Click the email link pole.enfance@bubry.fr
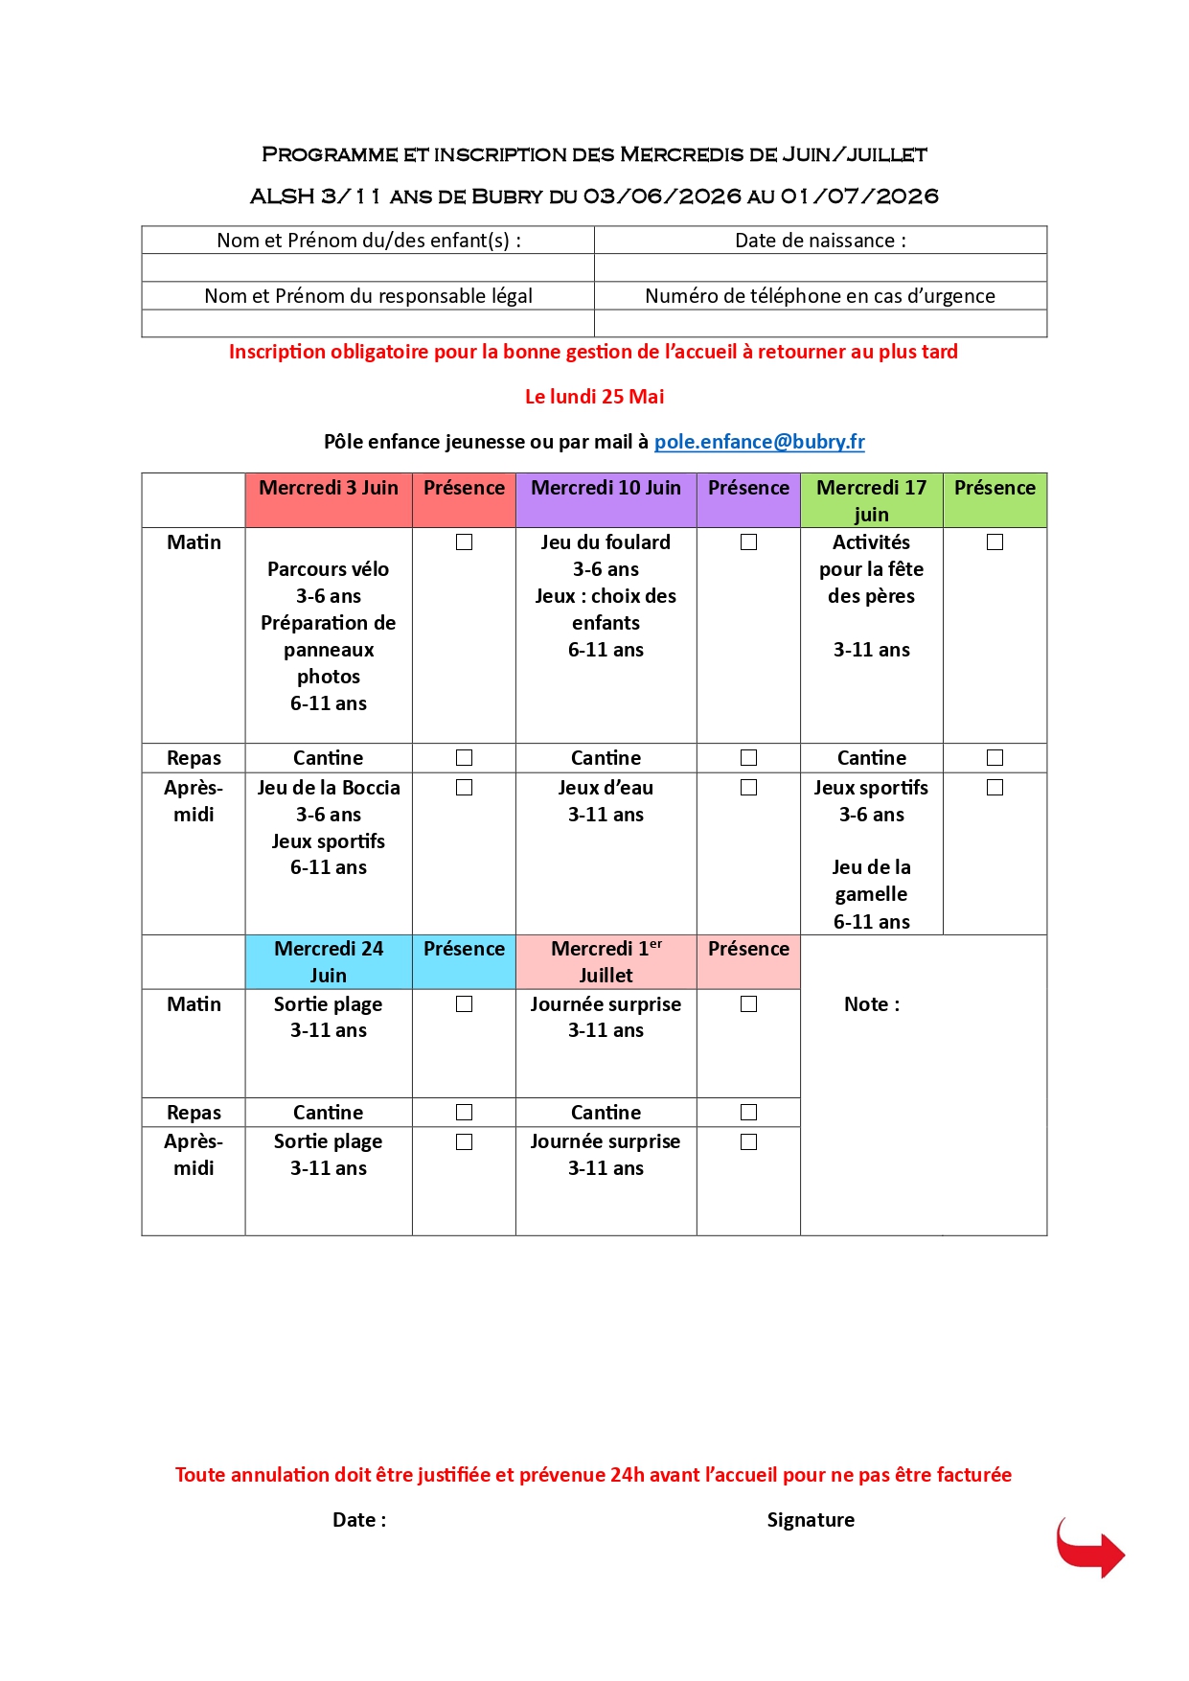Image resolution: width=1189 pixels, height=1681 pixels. (x=759, y=442)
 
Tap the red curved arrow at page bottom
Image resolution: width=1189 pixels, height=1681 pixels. (x=1090, y=1547)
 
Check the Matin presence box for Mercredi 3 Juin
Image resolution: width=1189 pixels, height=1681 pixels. (x=465, y=542)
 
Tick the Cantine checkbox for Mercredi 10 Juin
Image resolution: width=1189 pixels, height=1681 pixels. (x=749, y=758)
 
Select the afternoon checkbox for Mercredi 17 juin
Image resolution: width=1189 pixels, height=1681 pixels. (x=995, y=788)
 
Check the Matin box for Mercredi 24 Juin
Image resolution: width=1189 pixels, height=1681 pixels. (x=465, y=1004)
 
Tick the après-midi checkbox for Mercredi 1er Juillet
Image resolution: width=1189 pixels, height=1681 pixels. (x=749, y=1142)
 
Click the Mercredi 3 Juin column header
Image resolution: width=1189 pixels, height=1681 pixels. (x=329, y=488)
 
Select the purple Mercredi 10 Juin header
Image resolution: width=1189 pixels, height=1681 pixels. (x=606, y=488)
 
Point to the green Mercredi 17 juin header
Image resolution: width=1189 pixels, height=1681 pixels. (x=871, y=500)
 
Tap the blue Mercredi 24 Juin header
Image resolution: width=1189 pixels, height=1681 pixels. (x=329, y=961)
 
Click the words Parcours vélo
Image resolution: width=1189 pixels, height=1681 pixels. (x=329, y=569)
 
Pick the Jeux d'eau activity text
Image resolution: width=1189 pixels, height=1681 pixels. (x=606, y=788)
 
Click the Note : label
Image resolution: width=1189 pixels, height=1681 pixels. (x=872, y=1004)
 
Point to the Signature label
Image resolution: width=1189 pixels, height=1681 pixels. (x=811, y=1520)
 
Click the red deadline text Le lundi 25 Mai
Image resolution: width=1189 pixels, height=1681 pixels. (x=594, y=397)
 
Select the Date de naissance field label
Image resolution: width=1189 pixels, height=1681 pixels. (x=820, y=241)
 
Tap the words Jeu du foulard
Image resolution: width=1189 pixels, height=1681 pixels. (x=606, y=542)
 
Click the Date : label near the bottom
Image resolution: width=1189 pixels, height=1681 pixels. (x=359, y=1520)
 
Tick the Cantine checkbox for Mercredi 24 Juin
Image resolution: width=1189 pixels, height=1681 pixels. (x=465, y=1113)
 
